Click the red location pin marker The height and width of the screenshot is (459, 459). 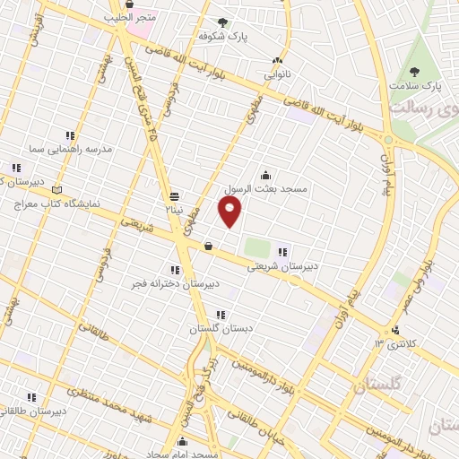tap(230, 211)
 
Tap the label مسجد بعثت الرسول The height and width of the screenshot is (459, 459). tap(265, 190)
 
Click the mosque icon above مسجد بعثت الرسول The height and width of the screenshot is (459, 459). tap(265, 176)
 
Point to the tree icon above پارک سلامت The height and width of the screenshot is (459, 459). tap(414, 72)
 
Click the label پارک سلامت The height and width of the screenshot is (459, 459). tap(416, 86)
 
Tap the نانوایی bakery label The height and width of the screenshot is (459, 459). tap(277, 74)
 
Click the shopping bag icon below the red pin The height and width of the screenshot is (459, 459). tap(208, 246)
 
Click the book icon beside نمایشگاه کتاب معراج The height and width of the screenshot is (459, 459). tap(58, 190)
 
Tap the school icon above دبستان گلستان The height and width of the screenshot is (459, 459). tap(221, 314)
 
